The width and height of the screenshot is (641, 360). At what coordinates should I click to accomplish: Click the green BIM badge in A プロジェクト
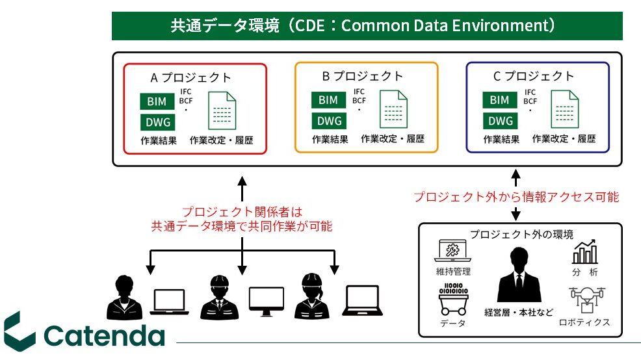pyautogui.click(x=157, y=101)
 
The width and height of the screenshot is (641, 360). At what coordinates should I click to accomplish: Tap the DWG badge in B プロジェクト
pyautogui.click(x=328, y=120)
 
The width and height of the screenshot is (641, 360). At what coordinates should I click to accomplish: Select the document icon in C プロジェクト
pyautogui.click(x=565, y=109)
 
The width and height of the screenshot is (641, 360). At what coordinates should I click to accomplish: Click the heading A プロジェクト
pyautogui.click(x=190, y=77)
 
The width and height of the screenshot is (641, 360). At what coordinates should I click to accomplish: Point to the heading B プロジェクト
pyautogui.click(x=363, y=76)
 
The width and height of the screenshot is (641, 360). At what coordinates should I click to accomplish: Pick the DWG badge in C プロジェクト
pyautogui.click(x=500, y=120)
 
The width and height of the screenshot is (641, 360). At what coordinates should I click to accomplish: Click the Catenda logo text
pyautogui.click(x=104, y=335)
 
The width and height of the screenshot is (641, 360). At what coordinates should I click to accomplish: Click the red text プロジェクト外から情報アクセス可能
pyautogui.click(x=516, y=196)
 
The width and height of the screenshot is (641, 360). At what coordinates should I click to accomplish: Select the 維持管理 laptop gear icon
pyautogui.click(x=453, y=252)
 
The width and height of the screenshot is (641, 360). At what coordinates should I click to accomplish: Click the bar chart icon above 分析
pyautogui.click(x=586, y=252)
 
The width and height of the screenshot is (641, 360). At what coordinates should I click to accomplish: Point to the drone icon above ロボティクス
pyautogui.click(x=584, y=300)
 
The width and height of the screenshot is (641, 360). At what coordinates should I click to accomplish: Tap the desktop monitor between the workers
pyautogui.click(x=267, y=301)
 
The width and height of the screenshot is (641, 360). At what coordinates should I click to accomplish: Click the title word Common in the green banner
pyautogui.click(x=371, y=26)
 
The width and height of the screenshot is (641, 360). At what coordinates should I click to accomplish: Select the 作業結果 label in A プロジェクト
pyautogui.click(x=158, y=139)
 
